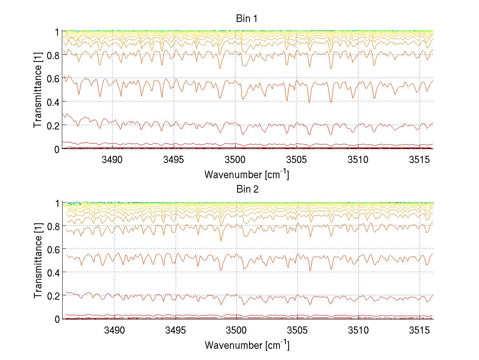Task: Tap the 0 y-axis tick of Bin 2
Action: [57, 319]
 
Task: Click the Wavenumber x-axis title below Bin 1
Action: [246, 175]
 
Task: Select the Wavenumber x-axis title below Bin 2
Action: [246, 345]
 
